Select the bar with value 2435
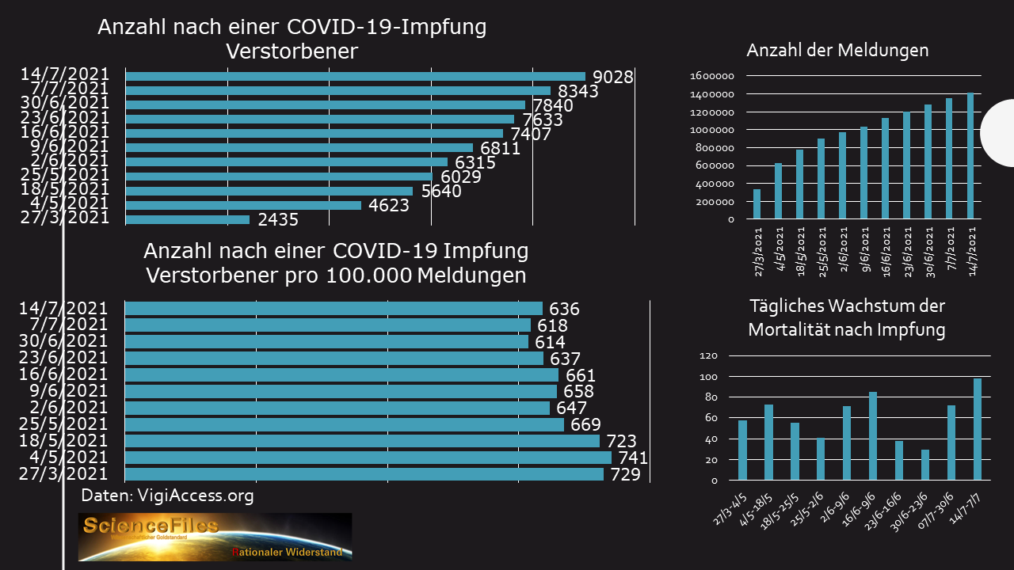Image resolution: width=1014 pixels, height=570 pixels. click(188, 219)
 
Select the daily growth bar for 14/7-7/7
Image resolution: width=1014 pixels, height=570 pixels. click(978, 429)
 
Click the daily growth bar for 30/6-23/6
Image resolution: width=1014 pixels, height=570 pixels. click(925, 465)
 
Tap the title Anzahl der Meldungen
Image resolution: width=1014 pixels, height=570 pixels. click(837, 51)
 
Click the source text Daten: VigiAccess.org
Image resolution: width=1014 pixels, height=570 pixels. click(168, 496)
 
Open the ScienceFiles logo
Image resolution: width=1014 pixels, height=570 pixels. click(215, 537)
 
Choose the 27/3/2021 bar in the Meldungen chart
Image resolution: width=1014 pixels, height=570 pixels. click(757, 203)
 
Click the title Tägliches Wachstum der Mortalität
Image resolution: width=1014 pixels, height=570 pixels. click(846, 317)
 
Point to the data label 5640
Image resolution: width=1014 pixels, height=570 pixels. click(440, 191)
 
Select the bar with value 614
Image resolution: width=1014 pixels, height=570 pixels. click(327, 341)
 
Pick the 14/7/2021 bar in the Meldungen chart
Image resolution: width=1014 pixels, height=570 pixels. click(970, 156)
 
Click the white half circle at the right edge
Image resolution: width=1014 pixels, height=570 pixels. click(998, 133)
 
